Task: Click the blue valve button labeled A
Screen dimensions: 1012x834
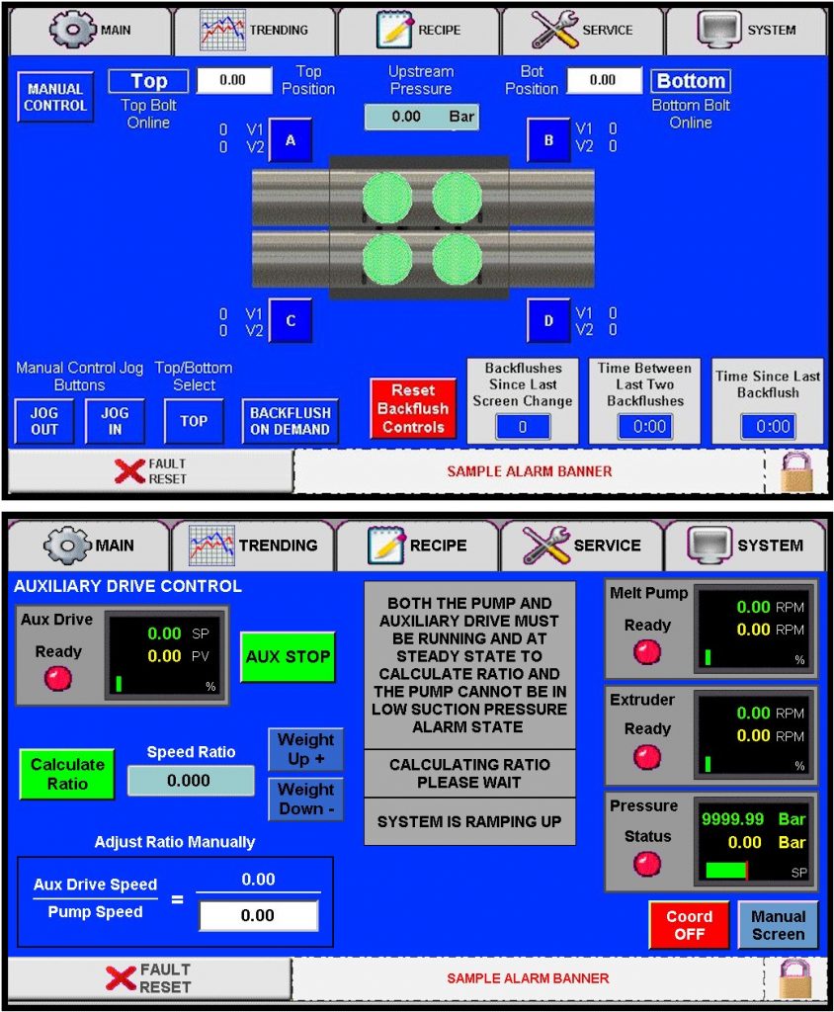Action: (291, 140)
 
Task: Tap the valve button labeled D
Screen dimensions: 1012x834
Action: (548, 320)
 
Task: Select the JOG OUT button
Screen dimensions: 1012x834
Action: (44, 421)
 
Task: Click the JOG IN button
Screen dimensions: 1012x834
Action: (115, 421)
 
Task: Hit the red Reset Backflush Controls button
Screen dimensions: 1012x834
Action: (413, 408)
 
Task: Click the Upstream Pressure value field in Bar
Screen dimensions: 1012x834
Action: (421, 117)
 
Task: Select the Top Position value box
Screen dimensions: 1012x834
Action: (234, 80)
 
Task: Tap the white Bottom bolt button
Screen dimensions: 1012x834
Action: (691, 81)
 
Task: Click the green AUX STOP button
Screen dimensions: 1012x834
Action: (288, 656)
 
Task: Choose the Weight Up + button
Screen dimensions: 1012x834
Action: (305, 749)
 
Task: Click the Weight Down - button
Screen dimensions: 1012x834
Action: (305, 799)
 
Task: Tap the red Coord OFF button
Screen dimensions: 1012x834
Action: (689, 925)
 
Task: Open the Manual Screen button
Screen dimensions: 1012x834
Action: (778, 925)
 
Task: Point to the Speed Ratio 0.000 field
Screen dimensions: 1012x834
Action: (190, 781)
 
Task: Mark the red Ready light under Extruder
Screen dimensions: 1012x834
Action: (647, 757)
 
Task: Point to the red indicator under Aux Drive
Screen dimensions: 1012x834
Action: (58, 679)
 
